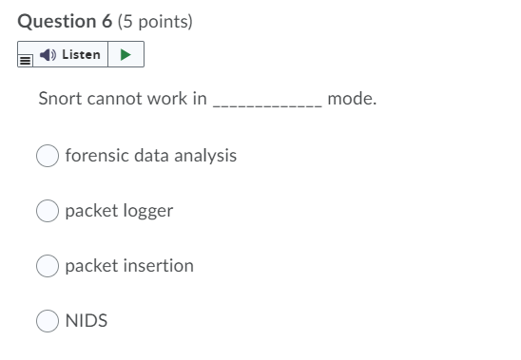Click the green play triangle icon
click(x=125, y=55)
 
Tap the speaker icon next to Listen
click(x=48, y=55)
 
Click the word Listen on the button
click(x=81, y=55)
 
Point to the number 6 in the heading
click(x=106, y=20)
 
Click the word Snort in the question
click(x=59, y=98)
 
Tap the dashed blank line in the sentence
click(x=266, y=103)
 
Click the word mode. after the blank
click(x=352, y=98)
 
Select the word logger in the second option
click(x=146, y=211)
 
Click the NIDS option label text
click(x=86, y=321)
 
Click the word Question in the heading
click(x=56, y=20)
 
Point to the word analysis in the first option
click(x=204, y=155)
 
